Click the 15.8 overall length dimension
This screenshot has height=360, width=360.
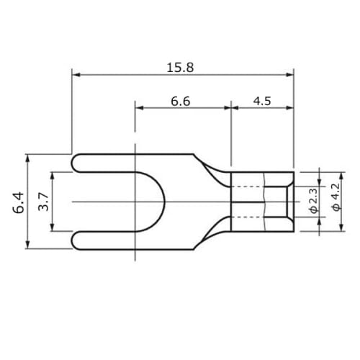pyautogui.click(x=180, y=68)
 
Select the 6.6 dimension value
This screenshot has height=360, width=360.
pyautogui.click(x=181, y=102)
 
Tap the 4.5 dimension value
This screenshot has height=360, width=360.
pyautogui.click(x=262, y=101)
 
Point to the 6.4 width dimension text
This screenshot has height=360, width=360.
pyautogui.click(x=19, y=202)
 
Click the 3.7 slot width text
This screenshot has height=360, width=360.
pyautogui.click(x=43, y=202)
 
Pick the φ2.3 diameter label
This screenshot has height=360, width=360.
pyautogui.click(x=313, y=201)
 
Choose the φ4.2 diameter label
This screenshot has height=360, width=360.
pyautogui.click(x=336, y=197)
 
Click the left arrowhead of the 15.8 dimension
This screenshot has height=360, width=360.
pyautogui.click(x=76, y=75)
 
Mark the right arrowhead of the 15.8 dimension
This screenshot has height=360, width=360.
pyautogui.click(x=290, y=75)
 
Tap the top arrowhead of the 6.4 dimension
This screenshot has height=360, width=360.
pyautogui.click(x=28, y=158)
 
